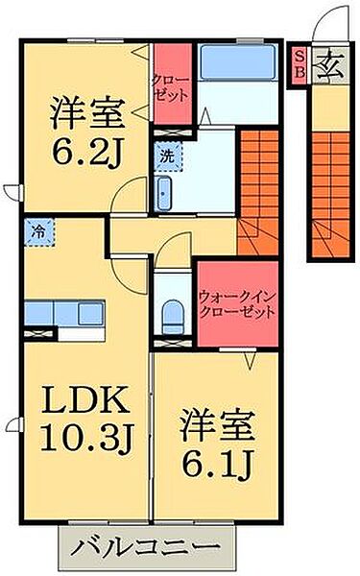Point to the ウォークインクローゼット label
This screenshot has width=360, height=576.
(237, 304)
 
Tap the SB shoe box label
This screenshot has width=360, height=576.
(299, 64)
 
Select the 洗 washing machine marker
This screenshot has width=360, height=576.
(167, 153)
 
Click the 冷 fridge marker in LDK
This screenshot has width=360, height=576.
(40, 231)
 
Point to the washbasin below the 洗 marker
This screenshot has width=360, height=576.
(163, 191)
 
